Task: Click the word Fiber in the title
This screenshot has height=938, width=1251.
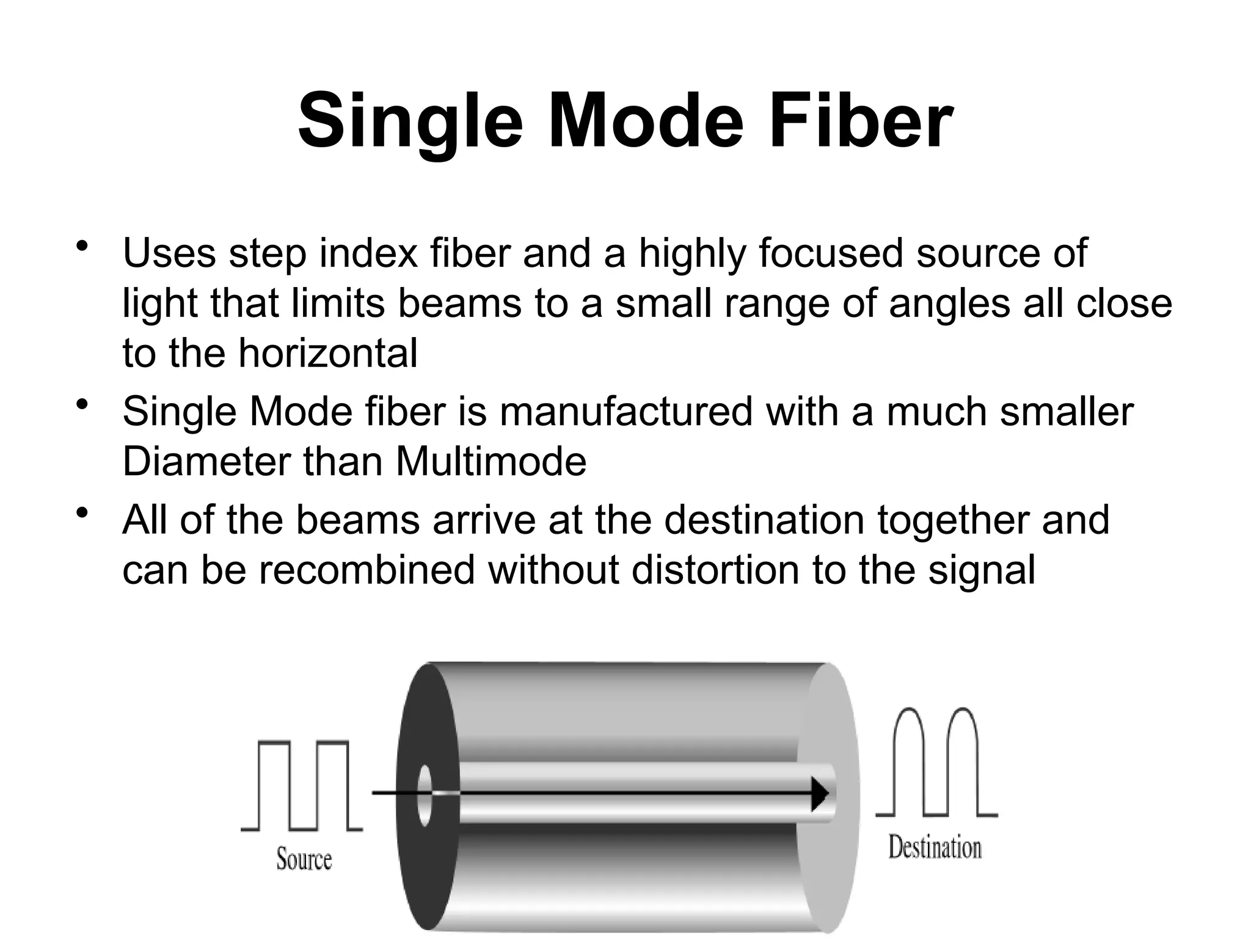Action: click(x=860, y=120)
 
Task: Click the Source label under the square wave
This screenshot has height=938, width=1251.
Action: click(x=304, y=859)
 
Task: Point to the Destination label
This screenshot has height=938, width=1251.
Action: click(x=935, y=848)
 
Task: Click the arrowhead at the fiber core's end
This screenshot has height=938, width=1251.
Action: click(x=820, y=793)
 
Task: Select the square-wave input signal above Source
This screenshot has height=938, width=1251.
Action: click(x=302, y=785)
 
